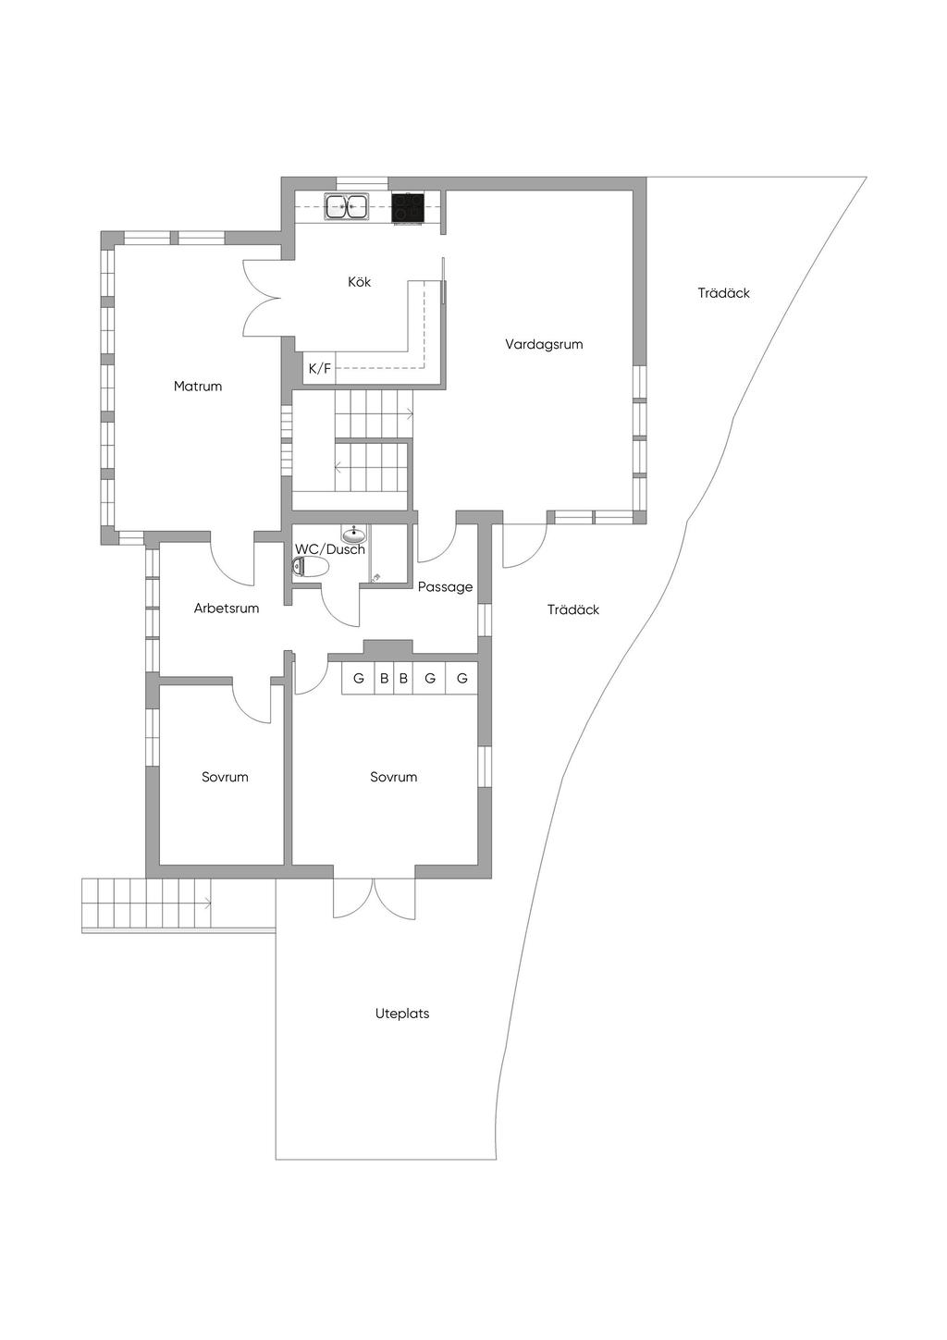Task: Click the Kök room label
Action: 359,282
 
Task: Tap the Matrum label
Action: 198,387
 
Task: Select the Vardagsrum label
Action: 544,344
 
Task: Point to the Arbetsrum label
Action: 227,609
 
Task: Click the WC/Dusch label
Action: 330,549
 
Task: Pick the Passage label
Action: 445,587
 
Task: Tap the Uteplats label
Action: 402,1014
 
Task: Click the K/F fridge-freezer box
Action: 319,369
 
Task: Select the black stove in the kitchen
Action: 408,208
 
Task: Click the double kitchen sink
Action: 347,207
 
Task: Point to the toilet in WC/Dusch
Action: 310,567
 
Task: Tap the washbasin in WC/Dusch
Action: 354,534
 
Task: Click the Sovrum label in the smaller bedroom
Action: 225,778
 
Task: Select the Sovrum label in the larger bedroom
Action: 393,778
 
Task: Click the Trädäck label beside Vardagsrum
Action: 723,293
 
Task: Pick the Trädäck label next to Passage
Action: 573,610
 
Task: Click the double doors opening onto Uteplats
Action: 374,897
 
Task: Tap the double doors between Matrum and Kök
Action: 263,298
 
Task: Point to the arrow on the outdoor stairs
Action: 207,903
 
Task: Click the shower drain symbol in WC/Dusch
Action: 376,577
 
